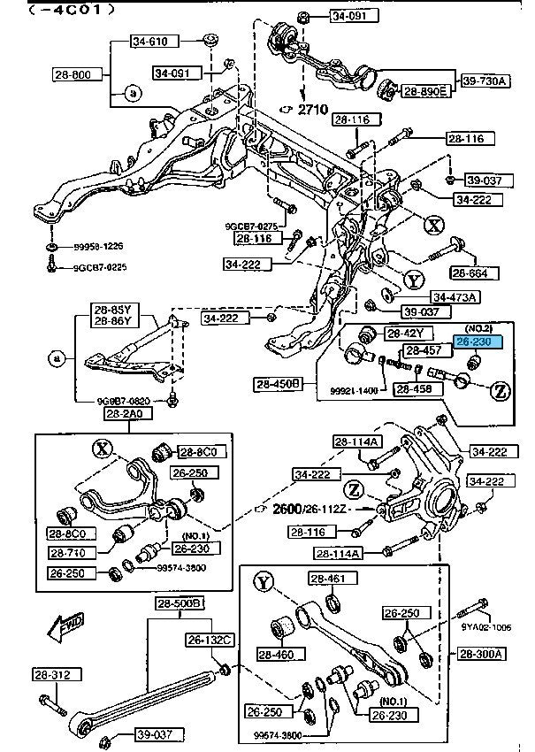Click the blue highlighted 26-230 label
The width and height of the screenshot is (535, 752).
coord(479,340)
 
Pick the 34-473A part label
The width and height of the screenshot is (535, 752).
coord(455,296)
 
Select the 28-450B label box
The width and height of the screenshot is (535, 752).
coord(280,384)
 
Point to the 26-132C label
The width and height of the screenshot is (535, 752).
coord(209,639)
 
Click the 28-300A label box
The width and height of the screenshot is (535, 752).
coord(482,654)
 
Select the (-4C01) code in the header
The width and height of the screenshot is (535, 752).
coord(59,11)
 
